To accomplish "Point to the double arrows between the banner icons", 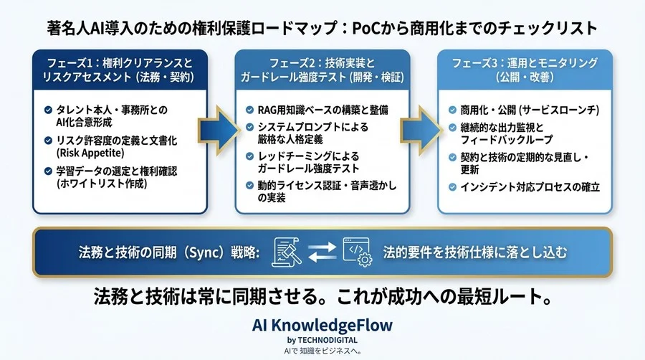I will coord(321,252).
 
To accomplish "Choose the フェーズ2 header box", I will coord(323,69).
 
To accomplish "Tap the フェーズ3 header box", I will coord(525,69).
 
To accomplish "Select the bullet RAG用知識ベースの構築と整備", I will coord(322,110).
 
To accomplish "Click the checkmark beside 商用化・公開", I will coord(452,110).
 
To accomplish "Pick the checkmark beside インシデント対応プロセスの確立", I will coord(452,187).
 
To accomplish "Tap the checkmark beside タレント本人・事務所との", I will coord(47,110).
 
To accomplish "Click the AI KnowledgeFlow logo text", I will coord(322,324).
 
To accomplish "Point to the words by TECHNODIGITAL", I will coord(322,339).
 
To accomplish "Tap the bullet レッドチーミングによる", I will coord(308,156).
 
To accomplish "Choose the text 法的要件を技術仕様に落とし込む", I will coord(475,252).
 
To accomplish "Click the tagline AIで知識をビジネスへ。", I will coord(322,351).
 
